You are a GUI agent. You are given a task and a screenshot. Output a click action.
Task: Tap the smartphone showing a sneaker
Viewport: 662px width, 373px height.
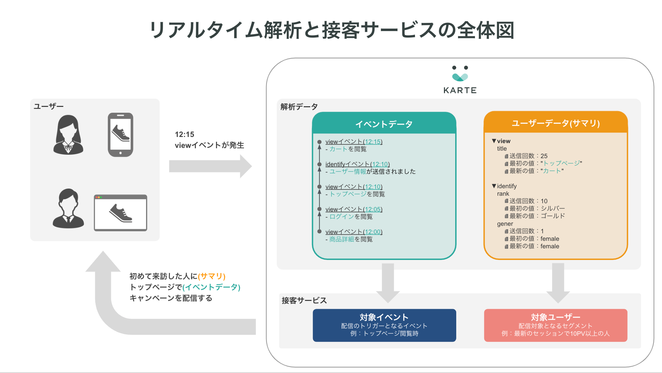[120, 135]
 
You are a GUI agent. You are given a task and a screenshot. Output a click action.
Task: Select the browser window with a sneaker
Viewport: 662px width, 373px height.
[120, 213]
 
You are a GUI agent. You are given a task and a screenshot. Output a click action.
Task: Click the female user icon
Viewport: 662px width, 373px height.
[68, 135]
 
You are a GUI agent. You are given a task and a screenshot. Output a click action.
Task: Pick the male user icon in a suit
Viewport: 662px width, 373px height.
[68, 208]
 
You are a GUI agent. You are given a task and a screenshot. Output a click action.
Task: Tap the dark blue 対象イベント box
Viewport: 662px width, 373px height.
[385, 325]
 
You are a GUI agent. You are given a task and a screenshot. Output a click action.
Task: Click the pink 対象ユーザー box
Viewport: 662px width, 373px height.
[556, 325]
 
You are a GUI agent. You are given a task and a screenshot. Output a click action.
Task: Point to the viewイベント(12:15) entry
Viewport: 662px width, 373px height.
[354, 141]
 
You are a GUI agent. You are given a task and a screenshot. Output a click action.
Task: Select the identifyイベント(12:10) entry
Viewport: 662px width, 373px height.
[358, 164]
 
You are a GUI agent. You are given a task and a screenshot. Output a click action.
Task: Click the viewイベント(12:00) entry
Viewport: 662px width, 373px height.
[354, 232]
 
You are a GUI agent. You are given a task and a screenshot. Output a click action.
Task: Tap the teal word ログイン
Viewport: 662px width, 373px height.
[342, 217]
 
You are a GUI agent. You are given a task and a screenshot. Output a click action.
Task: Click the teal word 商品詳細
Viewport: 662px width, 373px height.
[342, 239]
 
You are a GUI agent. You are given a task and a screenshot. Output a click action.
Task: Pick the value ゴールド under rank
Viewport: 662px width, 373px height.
[553, 216]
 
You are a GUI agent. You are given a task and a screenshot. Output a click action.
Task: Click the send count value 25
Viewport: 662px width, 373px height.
[544, 156]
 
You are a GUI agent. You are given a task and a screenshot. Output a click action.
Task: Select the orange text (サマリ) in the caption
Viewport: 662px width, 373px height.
[212, 276]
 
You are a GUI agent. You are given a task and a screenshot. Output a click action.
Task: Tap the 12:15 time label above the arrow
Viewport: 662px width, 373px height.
[184, 134]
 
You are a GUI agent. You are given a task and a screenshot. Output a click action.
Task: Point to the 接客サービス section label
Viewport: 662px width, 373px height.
[304, 300]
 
